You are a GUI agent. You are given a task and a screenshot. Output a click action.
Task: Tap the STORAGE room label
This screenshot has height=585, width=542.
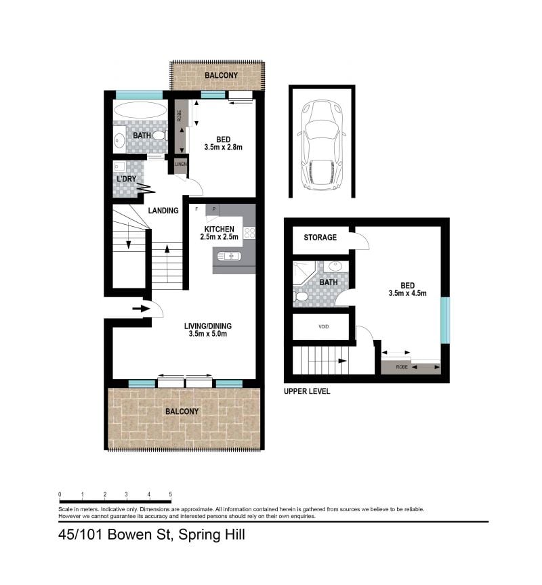coord(320,238)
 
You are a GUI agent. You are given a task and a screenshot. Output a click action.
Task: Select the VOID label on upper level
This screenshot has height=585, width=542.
coord(323,326)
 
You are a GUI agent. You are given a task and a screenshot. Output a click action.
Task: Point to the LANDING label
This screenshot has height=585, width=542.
coord(163,211)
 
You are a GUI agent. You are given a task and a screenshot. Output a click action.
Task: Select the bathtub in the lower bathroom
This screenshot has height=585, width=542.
coord(140,110)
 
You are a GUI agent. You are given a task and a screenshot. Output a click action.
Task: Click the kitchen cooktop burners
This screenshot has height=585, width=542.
coord(249,233)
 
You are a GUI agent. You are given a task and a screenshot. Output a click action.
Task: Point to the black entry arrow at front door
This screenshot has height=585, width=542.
coord(141,309)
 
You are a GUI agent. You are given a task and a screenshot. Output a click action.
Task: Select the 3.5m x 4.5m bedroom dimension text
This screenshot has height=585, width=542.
coord(403,293)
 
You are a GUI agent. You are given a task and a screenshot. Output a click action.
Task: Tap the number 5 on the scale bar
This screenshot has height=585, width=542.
coord(170,494)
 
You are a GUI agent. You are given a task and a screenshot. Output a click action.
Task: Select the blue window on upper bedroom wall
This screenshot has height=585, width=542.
coord(445,320)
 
